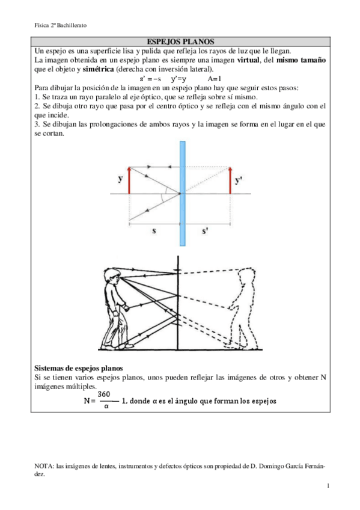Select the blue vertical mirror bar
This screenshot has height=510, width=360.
point(181,192)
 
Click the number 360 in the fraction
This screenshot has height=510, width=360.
point(104,394)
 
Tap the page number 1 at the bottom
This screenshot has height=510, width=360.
point(328,485)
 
